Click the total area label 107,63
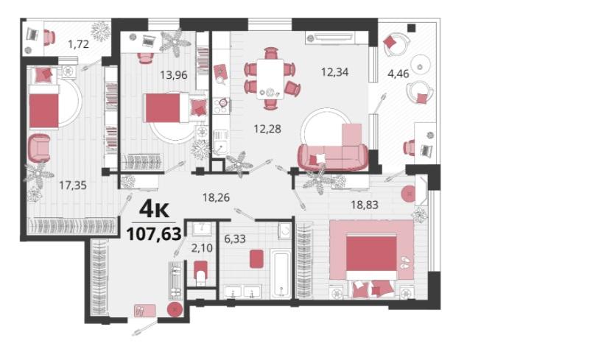[154, 234]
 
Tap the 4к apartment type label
[154, 210]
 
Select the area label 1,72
[78, 44]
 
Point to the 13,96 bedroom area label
[173, 75]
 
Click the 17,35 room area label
[73, 185]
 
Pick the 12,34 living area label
[334, 71]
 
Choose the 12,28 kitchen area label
[267, 129]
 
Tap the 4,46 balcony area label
[398, 74]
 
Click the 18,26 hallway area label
[216, 197]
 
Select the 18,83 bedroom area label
[365, 205]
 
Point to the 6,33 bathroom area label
[235, 239]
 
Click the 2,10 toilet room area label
[202, 248]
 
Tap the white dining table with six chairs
[270, 79]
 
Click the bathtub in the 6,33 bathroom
[281, 275]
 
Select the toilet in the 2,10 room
[201, 272]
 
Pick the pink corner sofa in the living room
[333, 150]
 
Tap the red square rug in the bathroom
[256, 259]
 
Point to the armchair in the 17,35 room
[39, 148]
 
